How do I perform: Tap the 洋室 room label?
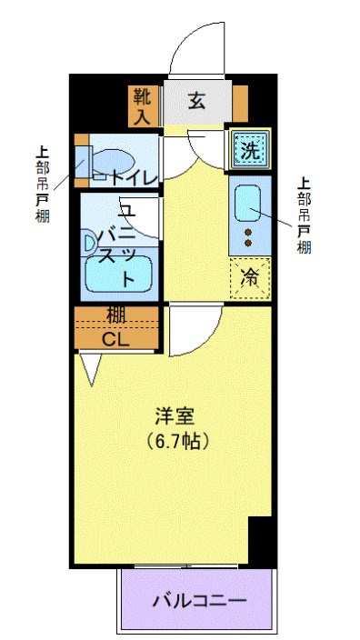pos(175,418)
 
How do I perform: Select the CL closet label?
pos(115,340)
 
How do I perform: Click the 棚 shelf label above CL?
pos(115,315)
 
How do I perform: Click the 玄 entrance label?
pos(196,100)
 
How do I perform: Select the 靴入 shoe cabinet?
pos(142,105)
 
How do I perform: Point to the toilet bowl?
pos(114,157)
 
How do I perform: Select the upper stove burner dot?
pos(247,234)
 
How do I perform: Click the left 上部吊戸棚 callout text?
pos(41,182)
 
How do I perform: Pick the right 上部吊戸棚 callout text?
pos(304,214)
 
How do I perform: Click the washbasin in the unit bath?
pos(89,243)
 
